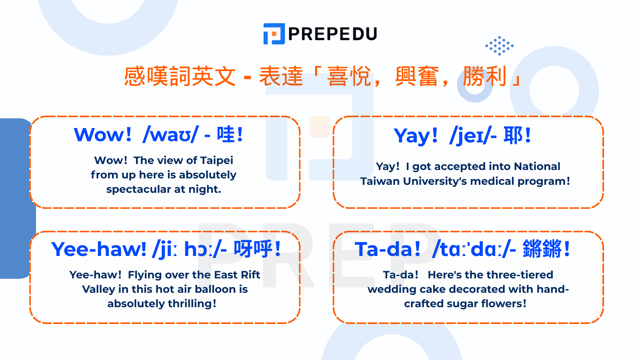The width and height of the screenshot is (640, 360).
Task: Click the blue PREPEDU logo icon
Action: tap(274, 34)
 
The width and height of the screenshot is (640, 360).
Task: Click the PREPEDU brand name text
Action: tap(332, 34)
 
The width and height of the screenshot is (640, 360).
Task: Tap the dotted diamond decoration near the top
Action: tap(499, 46)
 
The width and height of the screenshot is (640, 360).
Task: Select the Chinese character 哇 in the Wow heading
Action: tap(225, 134)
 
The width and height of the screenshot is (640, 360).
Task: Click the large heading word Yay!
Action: tap(416, 136)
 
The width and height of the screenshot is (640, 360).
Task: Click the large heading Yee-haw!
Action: tap(99, 249)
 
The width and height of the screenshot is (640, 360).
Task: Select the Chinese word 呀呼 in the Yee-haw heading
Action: tap(253, 249)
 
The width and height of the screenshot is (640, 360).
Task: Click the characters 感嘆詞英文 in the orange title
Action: tap(180, 76)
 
